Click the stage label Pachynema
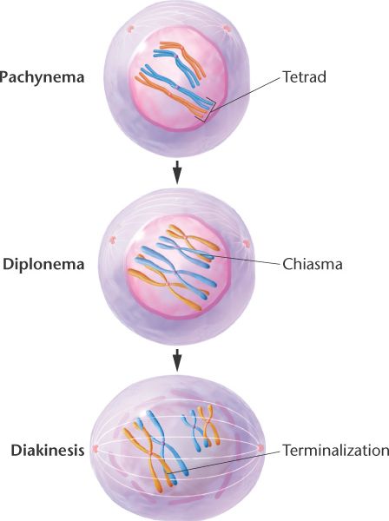coord(43,77)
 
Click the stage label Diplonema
coord(43,265)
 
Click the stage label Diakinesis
coord(48,451)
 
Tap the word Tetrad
coord(304,76)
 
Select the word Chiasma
coord(313,265)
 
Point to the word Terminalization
coord(335,451)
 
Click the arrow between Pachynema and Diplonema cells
coord(177,172)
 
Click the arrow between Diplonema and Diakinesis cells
coord(177,359)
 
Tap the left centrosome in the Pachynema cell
coord(130,29)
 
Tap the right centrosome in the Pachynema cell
coord(227,29)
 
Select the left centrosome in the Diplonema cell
coord(113,240)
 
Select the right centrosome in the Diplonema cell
coord(246,243)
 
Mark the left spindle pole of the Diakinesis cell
coord(96,449)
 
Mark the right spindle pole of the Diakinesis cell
coord(260,448)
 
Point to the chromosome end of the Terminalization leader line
coord(168,472)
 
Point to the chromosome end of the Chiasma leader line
coord(213,256)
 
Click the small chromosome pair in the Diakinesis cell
coord(201,428)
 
